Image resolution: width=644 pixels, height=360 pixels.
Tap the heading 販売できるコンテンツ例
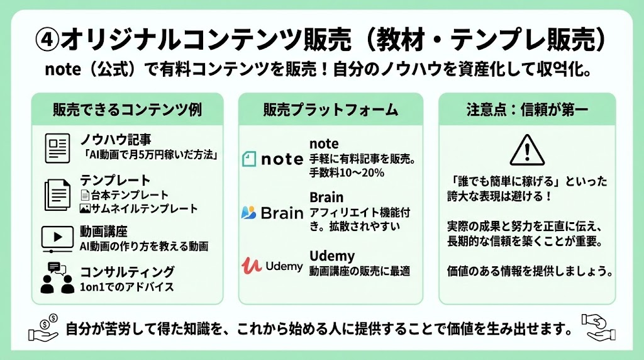[127, 110]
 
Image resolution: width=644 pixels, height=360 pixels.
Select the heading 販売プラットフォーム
[331, 110]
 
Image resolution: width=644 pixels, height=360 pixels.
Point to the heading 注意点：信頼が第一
[527, 110]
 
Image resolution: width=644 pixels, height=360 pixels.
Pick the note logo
[272, 159]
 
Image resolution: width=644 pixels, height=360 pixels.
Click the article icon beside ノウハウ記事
[57, 148]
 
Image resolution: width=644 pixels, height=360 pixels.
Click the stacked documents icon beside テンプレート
[57, 194]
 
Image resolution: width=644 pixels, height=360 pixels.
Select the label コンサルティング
[127, 272]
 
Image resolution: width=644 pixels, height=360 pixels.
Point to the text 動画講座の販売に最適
[360, 271]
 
